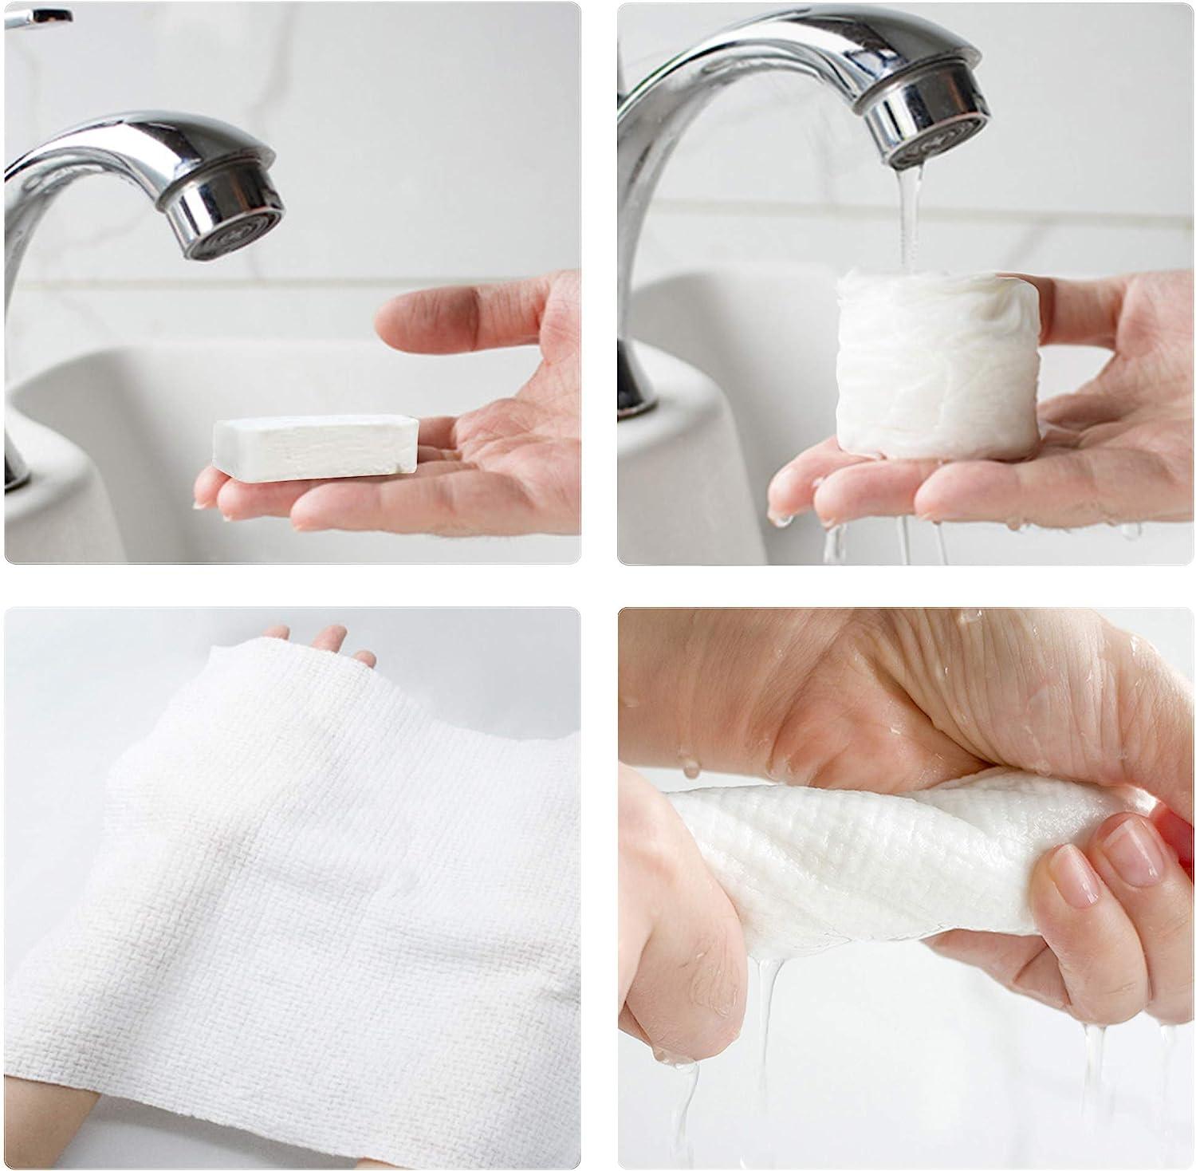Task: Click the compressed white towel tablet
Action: click(x=316, y=447)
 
